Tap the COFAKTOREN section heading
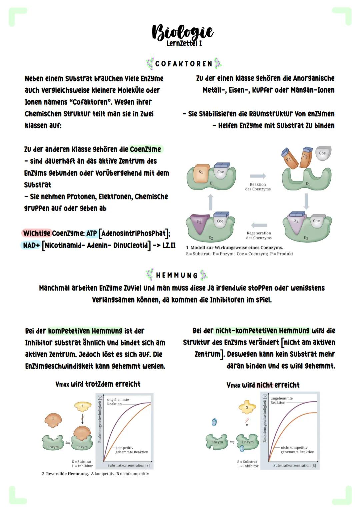coord(184,63)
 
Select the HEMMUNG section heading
coord(177,275)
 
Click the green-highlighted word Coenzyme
coord(145,149)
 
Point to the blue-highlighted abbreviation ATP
coord(92,233)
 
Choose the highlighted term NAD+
coord(31,245)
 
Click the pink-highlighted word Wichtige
coord(37,233)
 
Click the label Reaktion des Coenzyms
coord(258,186)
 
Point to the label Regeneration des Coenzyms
coord(259,235)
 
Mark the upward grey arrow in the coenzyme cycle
coord(210,202)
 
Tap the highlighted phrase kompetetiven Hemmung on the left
coord(85,331)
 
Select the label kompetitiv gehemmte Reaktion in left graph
coord(131,450)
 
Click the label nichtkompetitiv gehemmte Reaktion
coord(297,450)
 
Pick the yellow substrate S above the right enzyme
coord(247,407)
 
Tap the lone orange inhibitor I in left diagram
coord(53,420)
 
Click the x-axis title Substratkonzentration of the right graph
coord(294,465)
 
